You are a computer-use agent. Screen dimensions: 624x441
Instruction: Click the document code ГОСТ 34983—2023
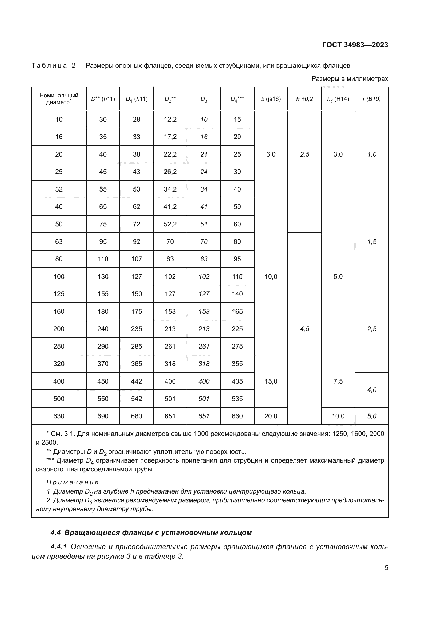click(x=355, y=45)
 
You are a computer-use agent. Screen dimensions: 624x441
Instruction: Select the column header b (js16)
click(x=271, y=99)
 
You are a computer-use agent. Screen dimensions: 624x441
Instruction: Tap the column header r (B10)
click(x=371, y=99)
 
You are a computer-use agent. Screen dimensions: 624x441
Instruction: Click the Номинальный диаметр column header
click(x=59, y=99)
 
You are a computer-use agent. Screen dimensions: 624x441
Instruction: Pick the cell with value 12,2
click(x=170, y=119)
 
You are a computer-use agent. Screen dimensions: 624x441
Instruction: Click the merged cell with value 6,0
click(x=271, y=154)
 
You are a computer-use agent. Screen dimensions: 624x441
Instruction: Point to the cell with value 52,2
click(x=170, y=224)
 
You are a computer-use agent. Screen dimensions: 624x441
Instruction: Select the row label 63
click(x=59, y=242)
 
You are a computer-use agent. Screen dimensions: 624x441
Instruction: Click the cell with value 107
click(x=136, y=259)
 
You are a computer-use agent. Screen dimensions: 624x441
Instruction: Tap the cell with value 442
click(x=136, y=381)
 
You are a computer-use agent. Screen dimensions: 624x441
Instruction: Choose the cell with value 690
click(x=103, y=416)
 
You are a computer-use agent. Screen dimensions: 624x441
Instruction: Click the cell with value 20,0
click(x=271, y=416)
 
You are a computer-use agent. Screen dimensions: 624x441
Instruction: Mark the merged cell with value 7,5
click(x=338, y=381)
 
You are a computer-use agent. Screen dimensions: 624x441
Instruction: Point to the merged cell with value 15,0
click(x=271, y=381)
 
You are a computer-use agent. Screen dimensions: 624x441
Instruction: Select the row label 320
click(x=59, y=364)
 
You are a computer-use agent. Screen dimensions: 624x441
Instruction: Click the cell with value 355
click(x=237, y=364)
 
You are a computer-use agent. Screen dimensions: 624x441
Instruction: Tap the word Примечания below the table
click(x=73, y=482)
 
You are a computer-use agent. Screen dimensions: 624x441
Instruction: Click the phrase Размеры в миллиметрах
click(x=350, y=79)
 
